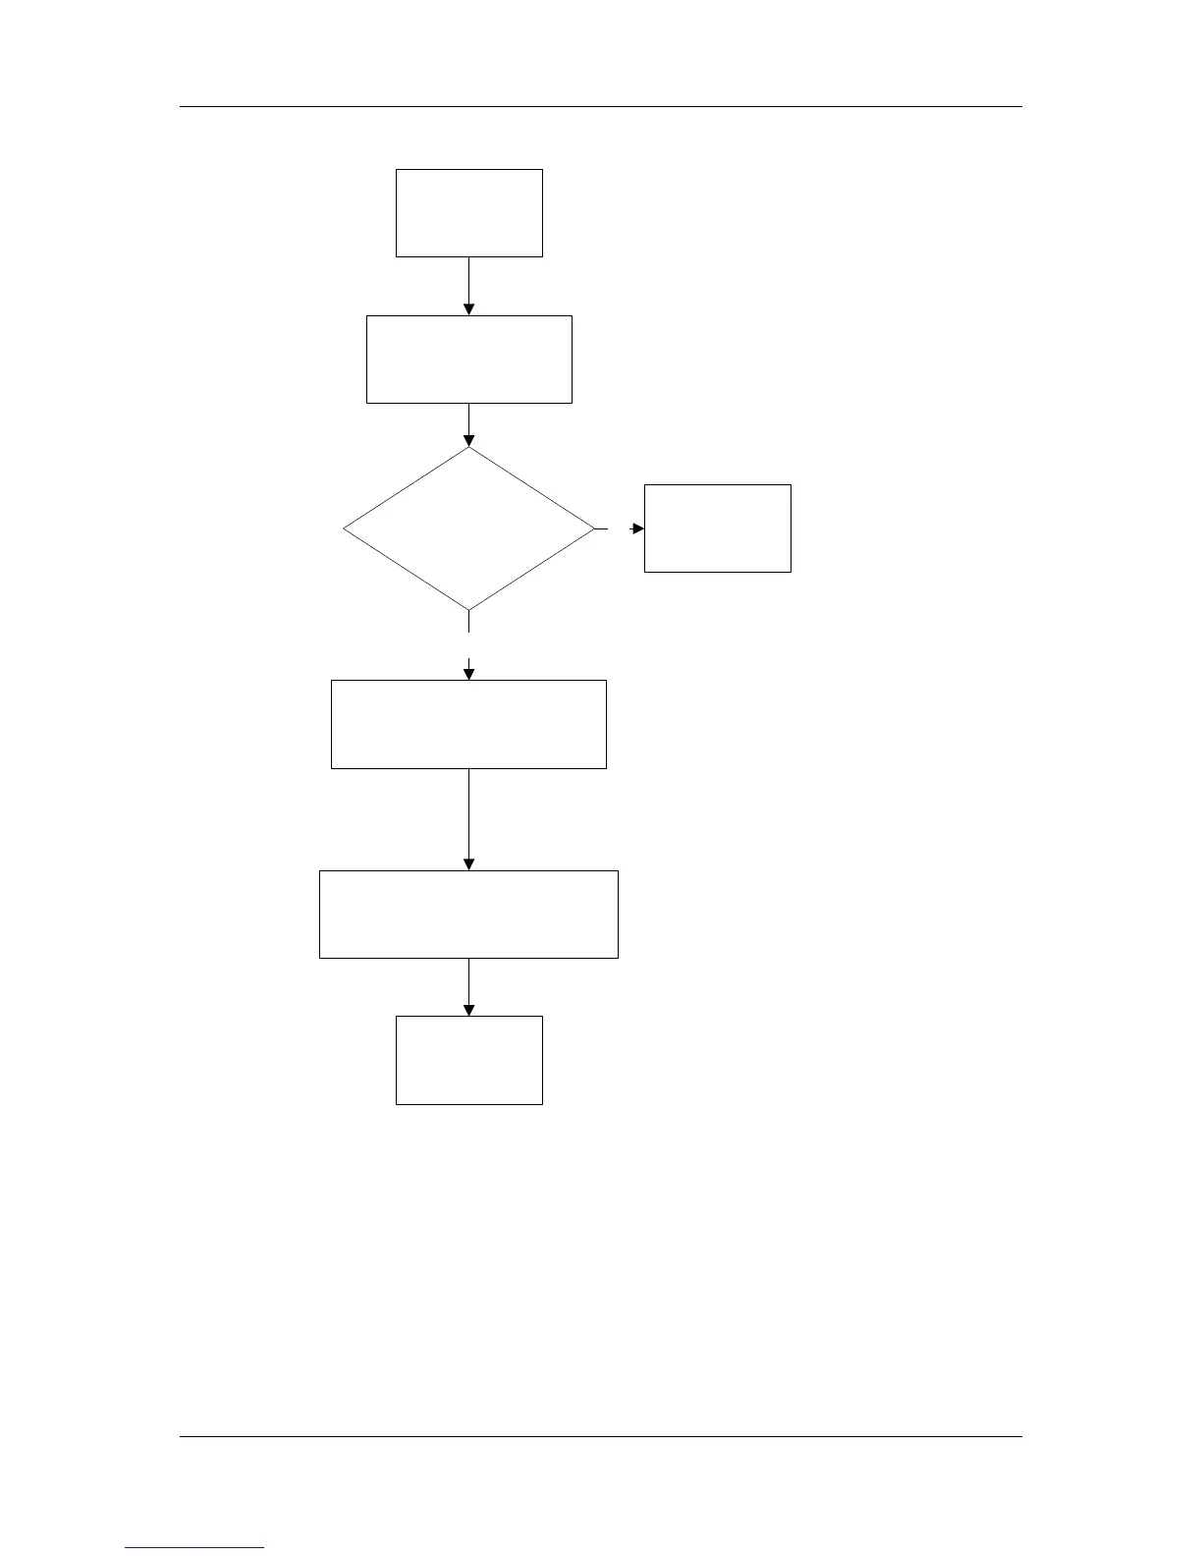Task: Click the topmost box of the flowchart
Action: pyautogui.click(x=468, y=212)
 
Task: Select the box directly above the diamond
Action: pyautogui.click(x=468, y=359)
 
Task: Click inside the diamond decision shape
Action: pyautogui.click(x=468, y=528)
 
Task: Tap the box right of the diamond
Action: pyautogui.click(x=717, y=528)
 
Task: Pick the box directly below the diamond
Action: pyautogui.click(x=468, y=724)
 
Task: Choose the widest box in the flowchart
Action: pyautogui.click(x=468, y=914)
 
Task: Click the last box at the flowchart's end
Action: pyautogui.click(x=468, y=1060)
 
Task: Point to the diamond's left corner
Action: pyautogui.click(x=345, y=528)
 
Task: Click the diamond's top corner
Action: pyautogui.click(x=468, y=449)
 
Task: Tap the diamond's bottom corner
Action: pyautogui.click(x=468, y=609)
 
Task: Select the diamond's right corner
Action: pyautogui.click(x=593, y=528)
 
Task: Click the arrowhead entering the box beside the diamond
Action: pyautogui.click(x=638, y=528)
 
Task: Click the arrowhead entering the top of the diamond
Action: pyautogui.click(x=468, y=440)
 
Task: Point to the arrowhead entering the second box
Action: pyautogui.click(x=468, y=309)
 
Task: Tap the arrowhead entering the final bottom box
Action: pyautogui.click(x=468, y=1010)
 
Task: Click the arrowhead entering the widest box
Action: pyautogui.click(x=468, y=864)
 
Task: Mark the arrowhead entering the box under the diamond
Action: pyautogui.click(x=468, y=674)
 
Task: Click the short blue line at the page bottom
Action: pyautogui.click(x=194, y=1548)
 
